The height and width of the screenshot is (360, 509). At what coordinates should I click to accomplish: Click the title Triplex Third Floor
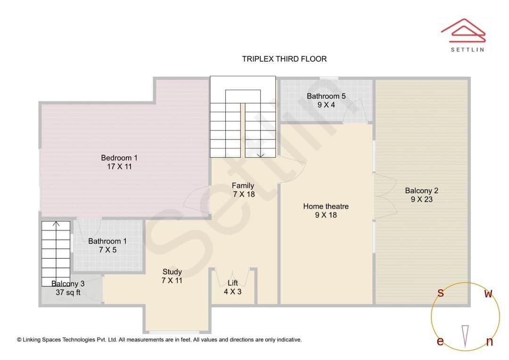284,59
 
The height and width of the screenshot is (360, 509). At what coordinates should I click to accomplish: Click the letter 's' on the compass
441,293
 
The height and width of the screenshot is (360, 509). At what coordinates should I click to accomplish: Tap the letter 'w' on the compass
489,294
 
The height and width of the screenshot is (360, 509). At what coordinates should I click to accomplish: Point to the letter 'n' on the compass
489,342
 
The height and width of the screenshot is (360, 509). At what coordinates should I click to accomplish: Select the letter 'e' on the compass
440,341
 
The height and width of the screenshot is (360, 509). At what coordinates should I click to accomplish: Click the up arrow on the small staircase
56,224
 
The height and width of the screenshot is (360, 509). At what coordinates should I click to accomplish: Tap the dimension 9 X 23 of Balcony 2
421,199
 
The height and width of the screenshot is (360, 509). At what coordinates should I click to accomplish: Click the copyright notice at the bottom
159,339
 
